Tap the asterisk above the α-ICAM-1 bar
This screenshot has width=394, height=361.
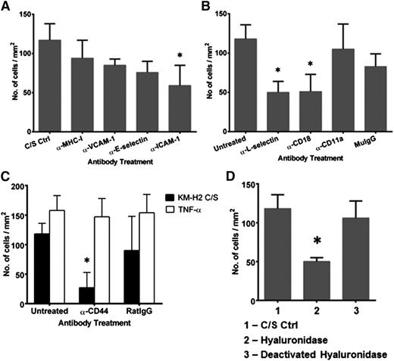(x=166, y=55)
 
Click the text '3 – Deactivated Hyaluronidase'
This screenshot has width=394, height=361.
(x=314, y=353)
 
